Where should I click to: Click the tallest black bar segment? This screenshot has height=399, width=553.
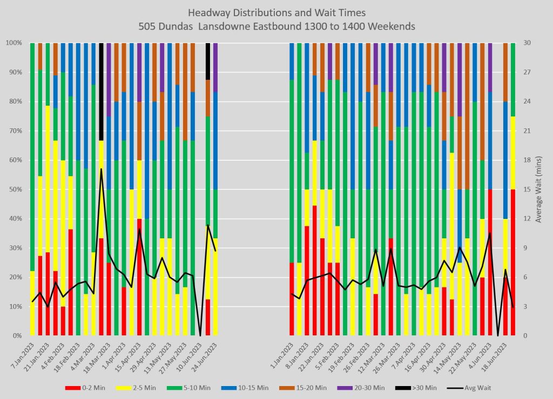(x=101, y=92)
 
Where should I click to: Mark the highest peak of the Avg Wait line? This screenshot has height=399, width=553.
(x=101, y=169)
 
